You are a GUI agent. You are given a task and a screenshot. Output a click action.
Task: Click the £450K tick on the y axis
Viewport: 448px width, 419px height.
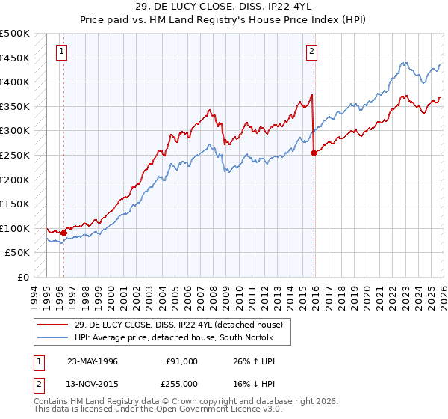(15, 58)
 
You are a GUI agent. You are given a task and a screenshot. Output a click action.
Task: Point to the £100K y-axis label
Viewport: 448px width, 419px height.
(15, 228)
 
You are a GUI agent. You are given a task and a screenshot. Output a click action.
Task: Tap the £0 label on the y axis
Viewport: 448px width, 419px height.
(22, 277)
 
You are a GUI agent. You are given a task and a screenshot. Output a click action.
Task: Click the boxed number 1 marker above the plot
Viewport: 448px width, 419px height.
(61, 52)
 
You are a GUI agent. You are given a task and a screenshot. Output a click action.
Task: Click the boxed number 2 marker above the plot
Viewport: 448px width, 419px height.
(311, 52)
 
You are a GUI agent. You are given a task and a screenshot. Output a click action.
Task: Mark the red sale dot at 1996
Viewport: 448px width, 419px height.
(63, 233)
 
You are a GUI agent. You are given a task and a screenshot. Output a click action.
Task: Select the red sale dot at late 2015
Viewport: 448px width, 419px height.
(312, 153)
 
